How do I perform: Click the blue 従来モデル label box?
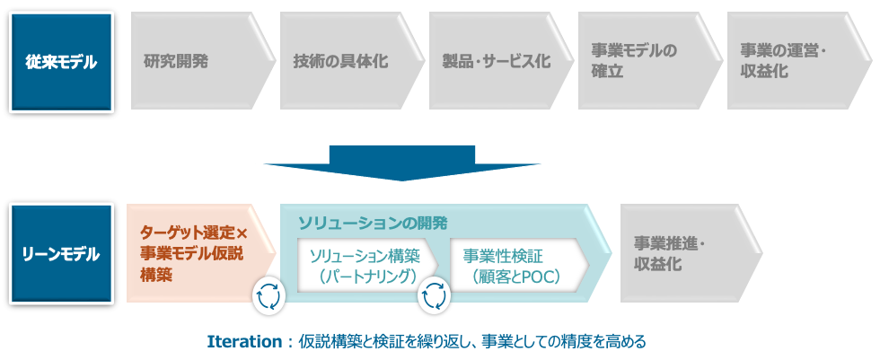tap(61, 61)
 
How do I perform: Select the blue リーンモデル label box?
tap(61, 254)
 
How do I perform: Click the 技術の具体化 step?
tap(345, 61)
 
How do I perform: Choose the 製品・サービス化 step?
tap(495, 61)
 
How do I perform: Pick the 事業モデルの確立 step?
tap(643, 61)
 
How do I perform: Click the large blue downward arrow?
tap(401, 162)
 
